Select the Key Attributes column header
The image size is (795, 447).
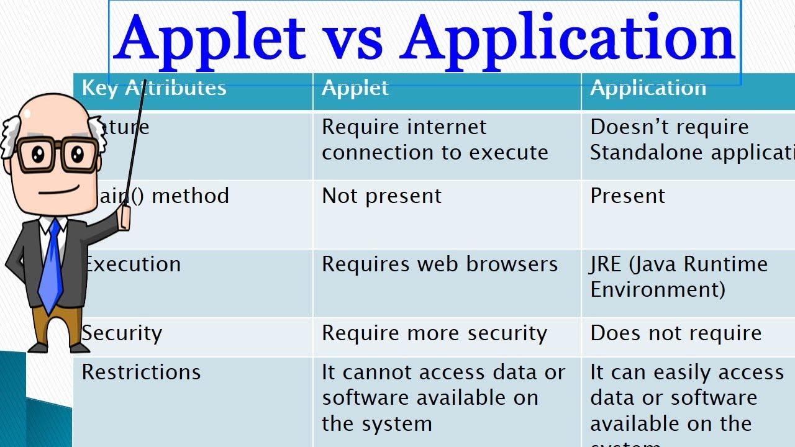click(154, 88)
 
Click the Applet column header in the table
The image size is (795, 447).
click(355, 88)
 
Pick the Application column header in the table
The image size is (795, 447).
click(648, 88)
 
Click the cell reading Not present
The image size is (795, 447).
click(381, 196)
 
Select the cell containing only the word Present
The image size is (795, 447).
click(627, 196)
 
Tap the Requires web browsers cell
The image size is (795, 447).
click(440, 264)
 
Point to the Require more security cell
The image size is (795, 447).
click(434, 333)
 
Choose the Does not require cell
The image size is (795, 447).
click(676, 333)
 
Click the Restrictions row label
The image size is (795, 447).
click(141, 372)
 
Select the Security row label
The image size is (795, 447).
click(122, 333)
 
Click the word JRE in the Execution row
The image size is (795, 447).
click(606, 264)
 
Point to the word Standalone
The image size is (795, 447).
click(643, 153)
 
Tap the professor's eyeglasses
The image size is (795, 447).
click(56, 155)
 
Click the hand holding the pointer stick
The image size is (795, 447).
click(125, 217)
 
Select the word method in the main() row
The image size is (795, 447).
click(190, 196)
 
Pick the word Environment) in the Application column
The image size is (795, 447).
click(657, 289)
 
